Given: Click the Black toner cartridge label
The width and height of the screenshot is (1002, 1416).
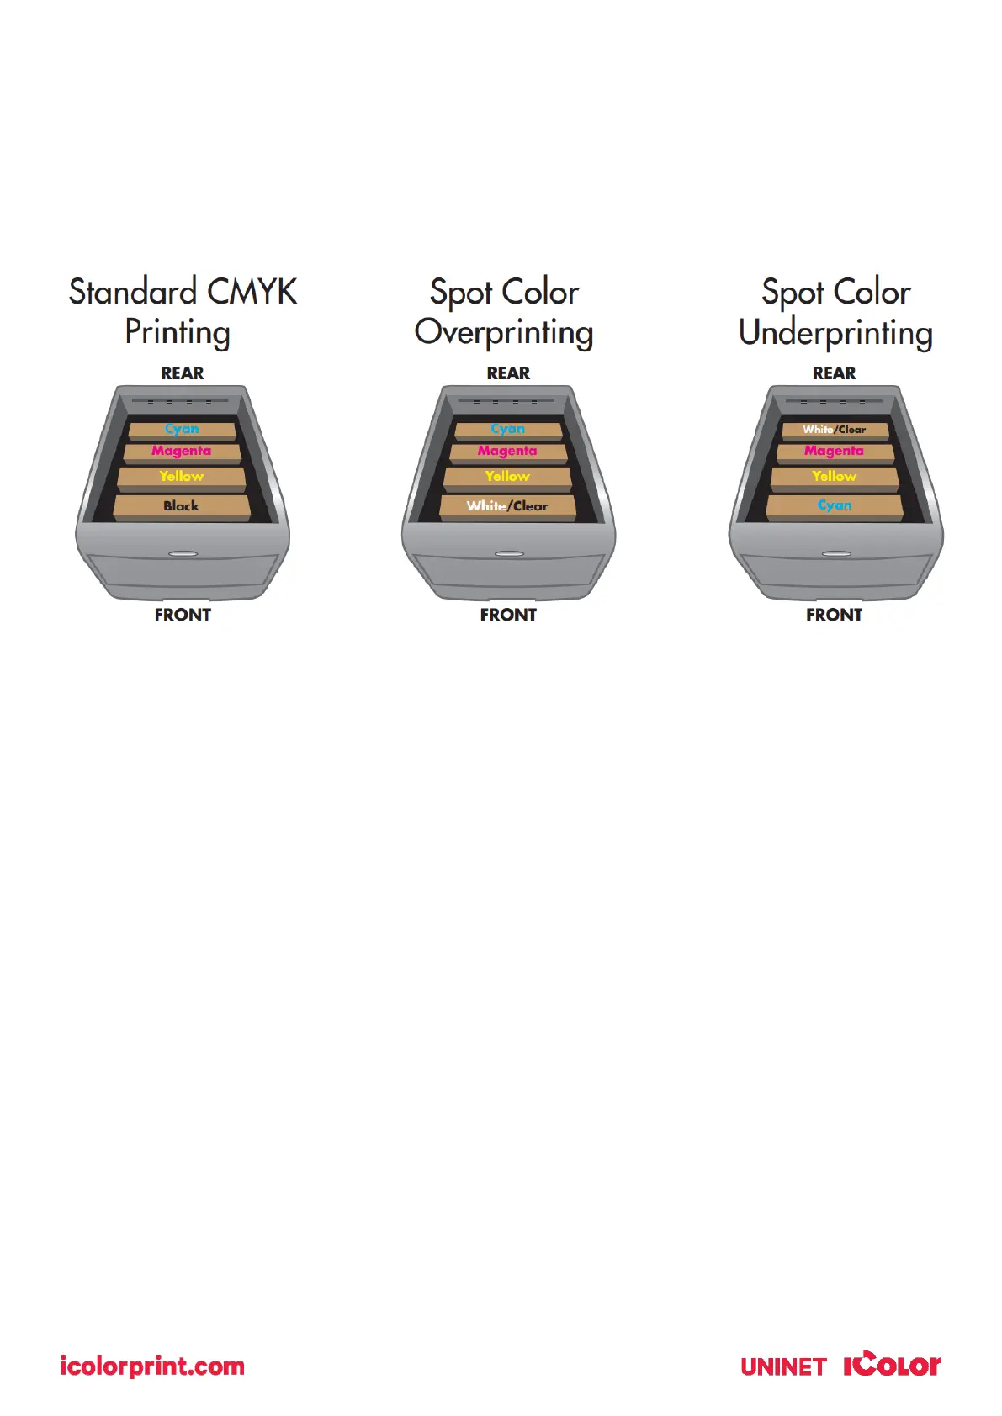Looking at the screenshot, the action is [x=181, y=505].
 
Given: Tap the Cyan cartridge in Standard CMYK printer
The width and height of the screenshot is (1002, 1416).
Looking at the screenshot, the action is [x=182, y=430].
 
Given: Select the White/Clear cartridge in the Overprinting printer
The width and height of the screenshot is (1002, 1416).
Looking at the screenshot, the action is [x=507, y=505].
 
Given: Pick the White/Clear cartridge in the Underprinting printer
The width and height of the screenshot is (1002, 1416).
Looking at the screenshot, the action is [x=834, y=430].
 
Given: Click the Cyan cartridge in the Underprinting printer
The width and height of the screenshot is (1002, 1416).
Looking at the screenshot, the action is [x=834, y=505].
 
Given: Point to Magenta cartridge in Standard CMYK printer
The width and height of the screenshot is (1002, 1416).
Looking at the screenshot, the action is [x=181, y=452].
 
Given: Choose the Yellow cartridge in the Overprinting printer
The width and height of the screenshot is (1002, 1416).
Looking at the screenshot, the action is [x=507, y=477].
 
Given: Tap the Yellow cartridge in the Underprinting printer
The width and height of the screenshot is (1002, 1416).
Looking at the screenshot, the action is [x=834, y=477].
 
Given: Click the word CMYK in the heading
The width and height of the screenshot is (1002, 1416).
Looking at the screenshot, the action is [x=252, y=292].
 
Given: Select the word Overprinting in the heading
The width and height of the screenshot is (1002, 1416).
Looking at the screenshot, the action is [x=504, y=333].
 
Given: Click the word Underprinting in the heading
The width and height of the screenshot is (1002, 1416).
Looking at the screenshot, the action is [x=835, y=333].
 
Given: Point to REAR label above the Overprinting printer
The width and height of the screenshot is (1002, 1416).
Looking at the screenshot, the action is [x=508, y=373].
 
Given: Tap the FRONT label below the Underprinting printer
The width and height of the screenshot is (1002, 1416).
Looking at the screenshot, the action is [x=834, y=615].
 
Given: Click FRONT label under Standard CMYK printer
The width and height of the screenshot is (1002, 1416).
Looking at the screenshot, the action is [x=183, y=615].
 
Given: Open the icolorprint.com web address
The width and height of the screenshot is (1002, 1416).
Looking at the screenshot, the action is [x=152, y=1366].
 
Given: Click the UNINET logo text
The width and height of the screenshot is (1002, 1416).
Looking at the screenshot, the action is [x=784, y=1367].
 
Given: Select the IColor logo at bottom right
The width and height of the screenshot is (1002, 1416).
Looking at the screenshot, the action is [x=892, y=1365].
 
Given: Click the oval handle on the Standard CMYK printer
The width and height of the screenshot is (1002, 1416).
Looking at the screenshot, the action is [x=183, y=554].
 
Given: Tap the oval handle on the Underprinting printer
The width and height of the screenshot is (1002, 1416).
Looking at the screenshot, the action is [x=835, y=554].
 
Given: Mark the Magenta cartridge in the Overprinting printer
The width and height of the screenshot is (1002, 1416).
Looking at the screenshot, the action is [x=507, y=452].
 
